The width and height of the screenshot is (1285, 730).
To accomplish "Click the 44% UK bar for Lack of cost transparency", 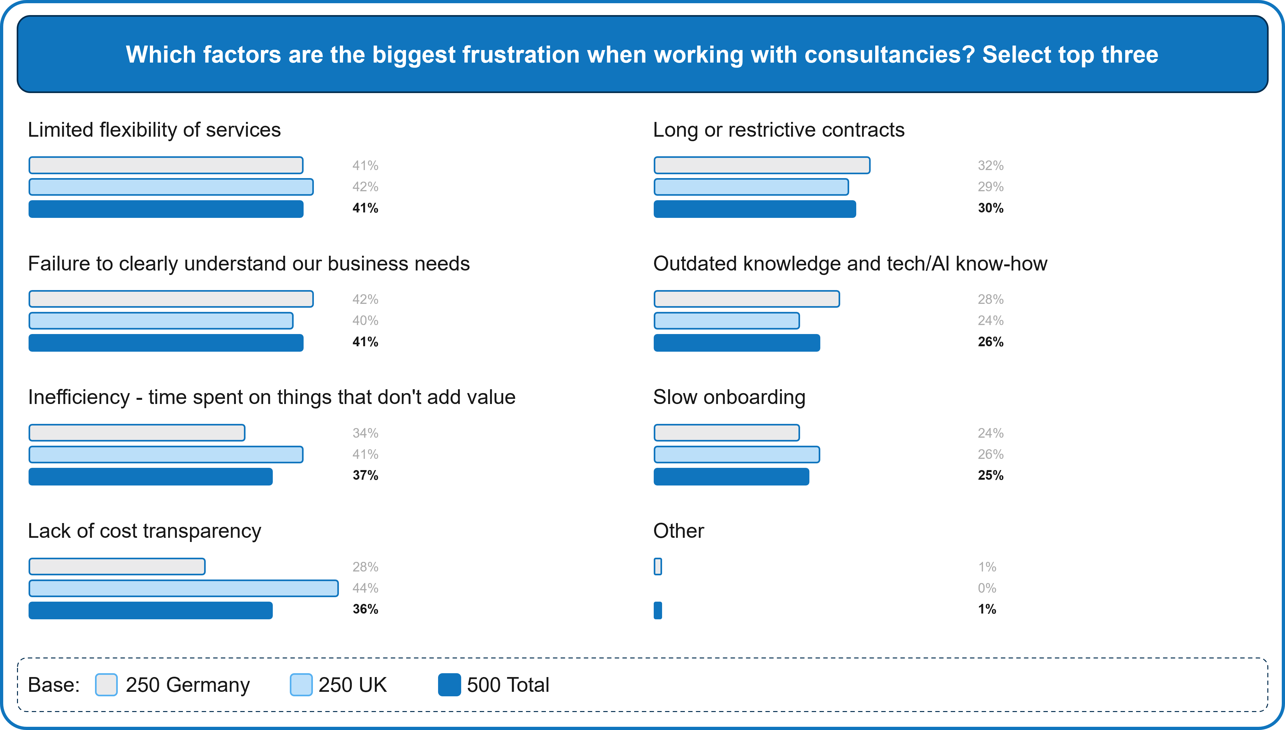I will point(184,588).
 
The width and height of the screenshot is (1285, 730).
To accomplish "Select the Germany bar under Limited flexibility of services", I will point(166,166).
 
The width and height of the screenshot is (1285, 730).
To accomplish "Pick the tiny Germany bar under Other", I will point(658,567).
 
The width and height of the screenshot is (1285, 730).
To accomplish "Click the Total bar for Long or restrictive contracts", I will point(755,209).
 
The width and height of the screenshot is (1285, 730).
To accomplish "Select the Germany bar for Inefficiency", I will point(137,433).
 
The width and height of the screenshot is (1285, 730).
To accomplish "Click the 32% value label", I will point(990,166).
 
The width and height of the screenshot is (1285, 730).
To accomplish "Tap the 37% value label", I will point(365,475).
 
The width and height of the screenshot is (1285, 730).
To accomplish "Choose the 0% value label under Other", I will point(987,588).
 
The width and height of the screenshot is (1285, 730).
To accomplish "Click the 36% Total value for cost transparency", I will point(365,609).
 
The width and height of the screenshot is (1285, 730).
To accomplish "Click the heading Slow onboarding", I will point(729,397).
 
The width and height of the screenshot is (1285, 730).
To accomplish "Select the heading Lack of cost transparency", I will point(144,531).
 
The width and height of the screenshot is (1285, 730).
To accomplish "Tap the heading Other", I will point(678,531).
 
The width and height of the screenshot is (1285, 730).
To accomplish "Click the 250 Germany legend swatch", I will point(106,685).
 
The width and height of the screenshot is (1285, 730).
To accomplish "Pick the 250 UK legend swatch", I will point(301,685).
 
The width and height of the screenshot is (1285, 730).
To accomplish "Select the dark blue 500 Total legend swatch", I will point(449,685).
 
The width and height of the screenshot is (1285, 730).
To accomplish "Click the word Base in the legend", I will point(53,685).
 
